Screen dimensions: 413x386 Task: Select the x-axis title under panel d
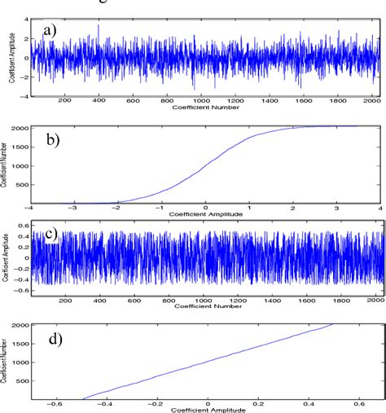coord(208,409)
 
